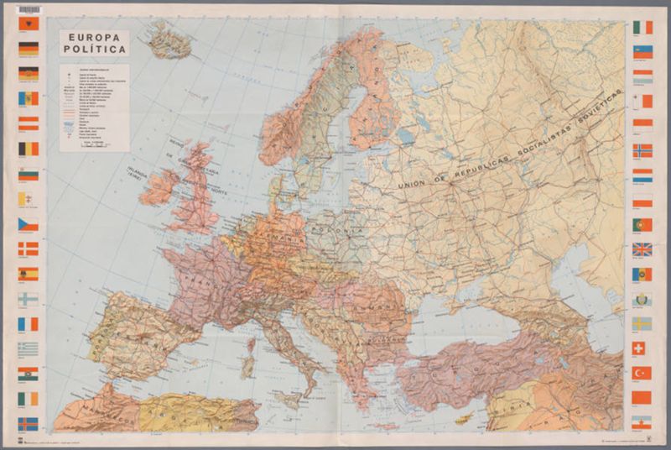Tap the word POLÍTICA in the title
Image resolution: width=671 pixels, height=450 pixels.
pos(94,50)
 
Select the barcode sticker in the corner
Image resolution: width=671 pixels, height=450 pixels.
pos(28,9)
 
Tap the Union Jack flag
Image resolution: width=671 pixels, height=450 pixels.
pos(642,249)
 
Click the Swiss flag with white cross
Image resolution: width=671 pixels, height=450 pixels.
pos(642,348)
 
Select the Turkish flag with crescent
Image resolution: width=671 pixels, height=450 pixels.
pos(642,372)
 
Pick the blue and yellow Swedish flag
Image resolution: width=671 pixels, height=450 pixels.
pos(642,323)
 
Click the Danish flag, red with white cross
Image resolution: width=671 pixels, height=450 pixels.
pos(29,249)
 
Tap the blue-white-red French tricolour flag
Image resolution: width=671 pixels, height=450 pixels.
pos(29,323)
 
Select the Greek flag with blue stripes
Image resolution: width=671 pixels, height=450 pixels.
pos(29,348)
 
